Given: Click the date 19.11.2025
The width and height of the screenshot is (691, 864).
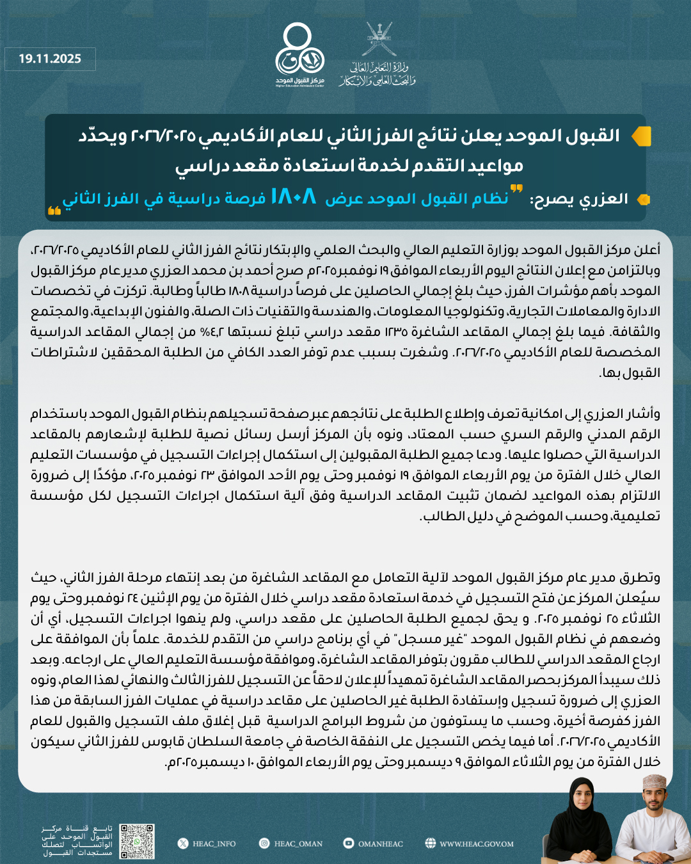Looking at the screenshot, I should coord(50,59).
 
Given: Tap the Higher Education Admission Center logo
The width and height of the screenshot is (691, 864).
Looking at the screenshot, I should coord(299,54).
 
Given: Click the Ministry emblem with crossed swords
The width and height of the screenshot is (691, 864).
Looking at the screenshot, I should coord(378,40).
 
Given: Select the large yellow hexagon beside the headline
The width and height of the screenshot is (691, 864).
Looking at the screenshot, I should coord(640,136).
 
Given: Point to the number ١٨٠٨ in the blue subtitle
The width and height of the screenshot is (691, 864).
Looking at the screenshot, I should coord(293,196).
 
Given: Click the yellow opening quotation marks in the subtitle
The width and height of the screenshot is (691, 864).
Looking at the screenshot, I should coord(516,189).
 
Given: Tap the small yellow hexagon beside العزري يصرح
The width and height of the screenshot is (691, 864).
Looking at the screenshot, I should coord(644,200).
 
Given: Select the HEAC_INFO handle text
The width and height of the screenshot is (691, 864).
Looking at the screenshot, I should coord(214,844).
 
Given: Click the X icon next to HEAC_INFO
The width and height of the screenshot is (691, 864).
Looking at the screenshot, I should coord(183,844).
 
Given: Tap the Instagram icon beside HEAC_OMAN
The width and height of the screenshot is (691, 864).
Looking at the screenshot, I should coord(264,844).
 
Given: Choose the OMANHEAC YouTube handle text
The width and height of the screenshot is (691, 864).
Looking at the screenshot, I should coord(380,844).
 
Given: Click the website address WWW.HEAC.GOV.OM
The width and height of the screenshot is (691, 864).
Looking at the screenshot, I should coord(476,844).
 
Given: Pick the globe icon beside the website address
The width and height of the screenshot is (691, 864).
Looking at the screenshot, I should coord(430,844).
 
